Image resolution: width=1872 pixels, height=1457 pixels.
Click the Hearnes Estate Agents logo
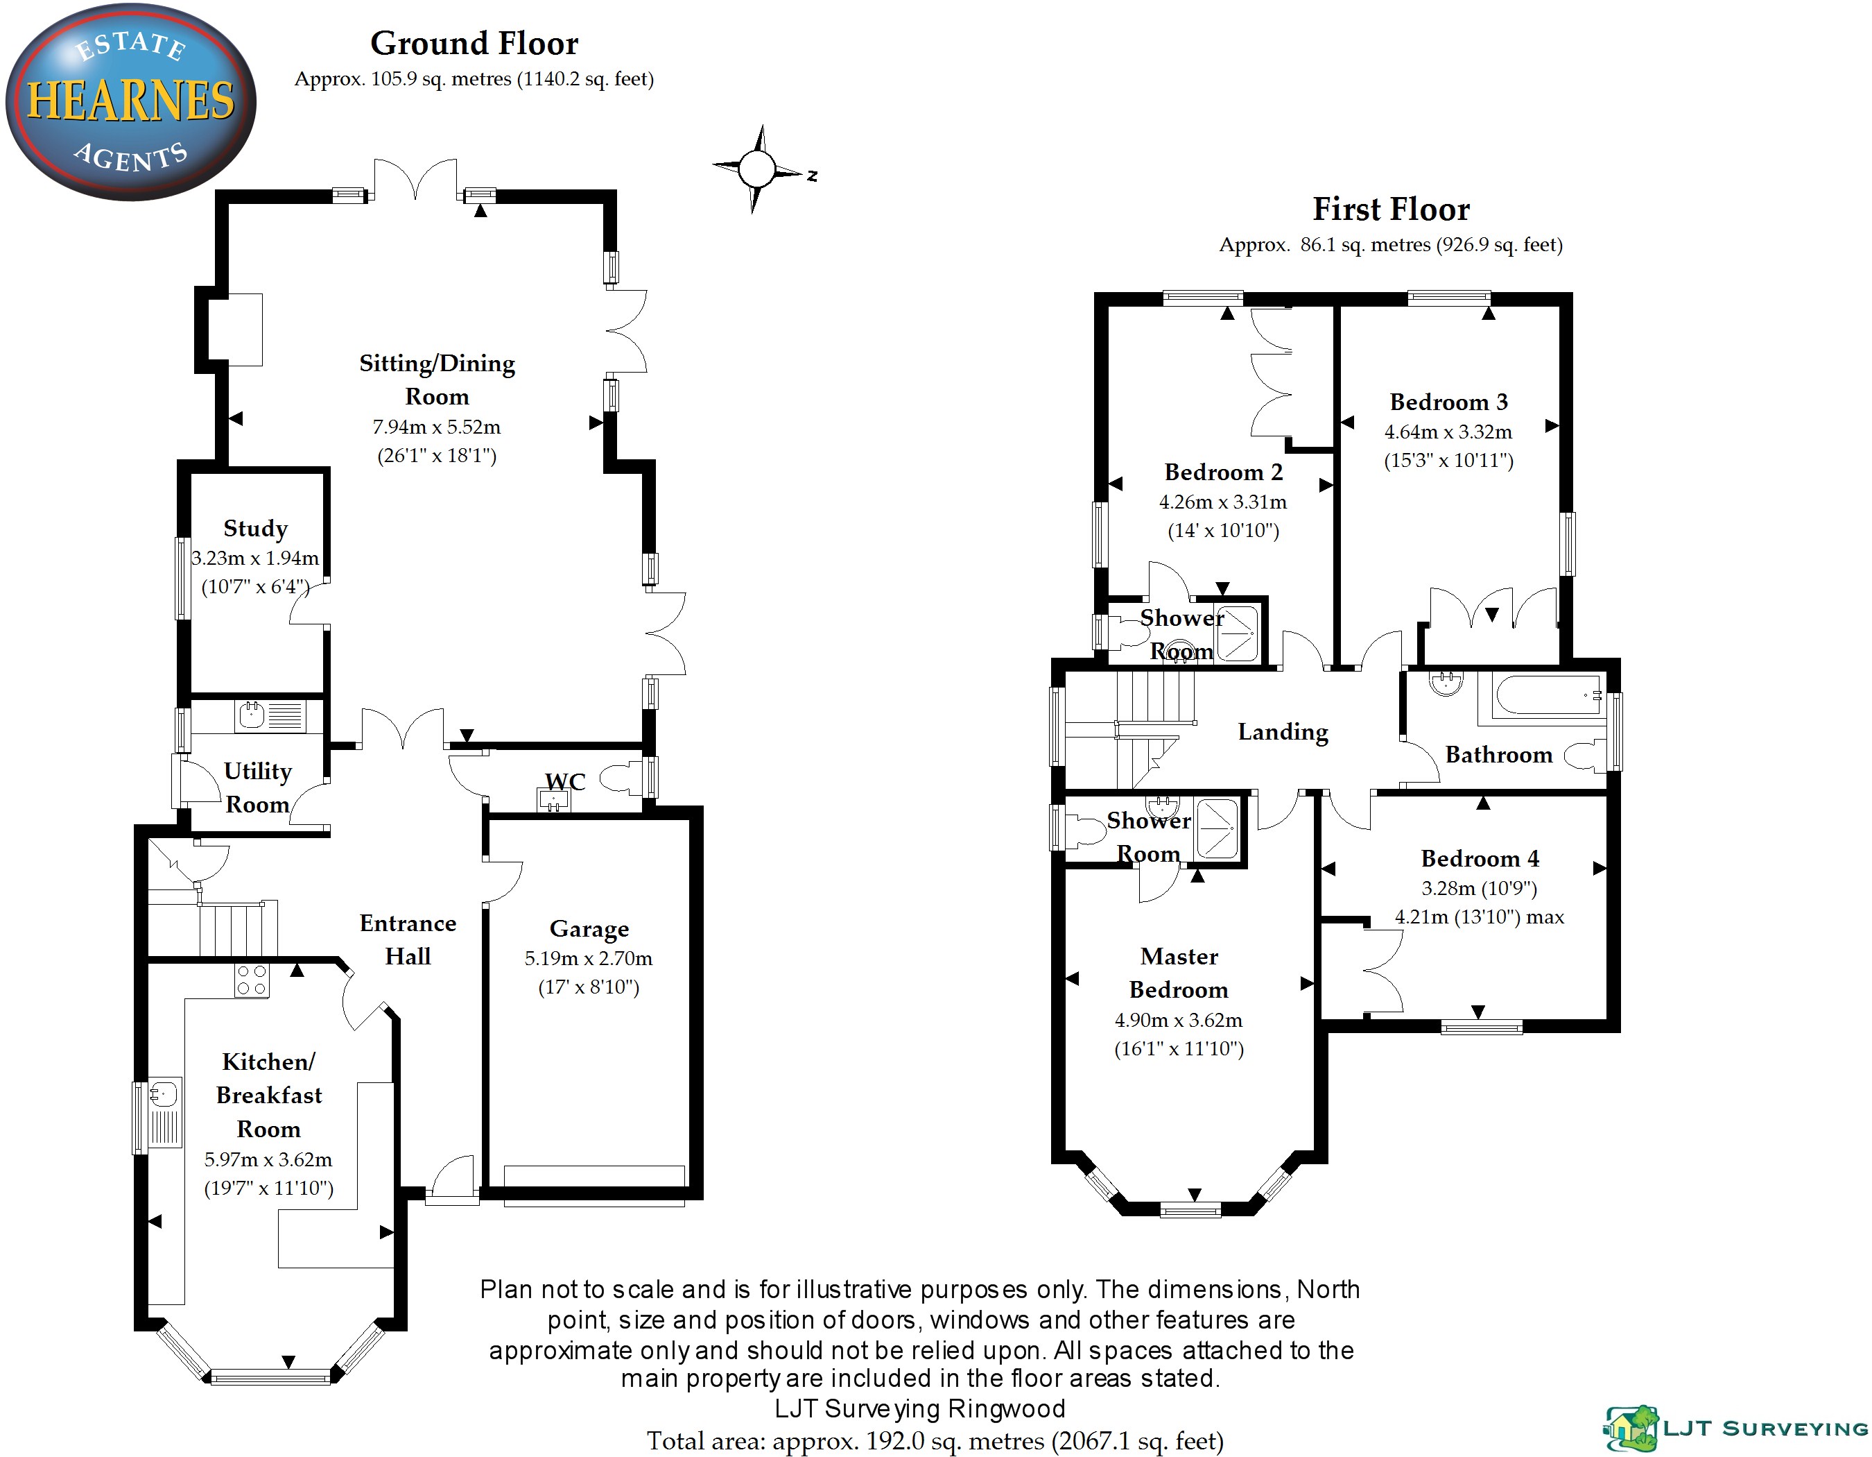(x=130, y=101)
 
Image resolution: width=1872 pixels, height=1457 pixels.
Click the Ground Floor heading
(x=474, y=43)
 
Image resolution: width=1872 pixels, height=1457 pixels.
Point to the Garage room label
(x=589, y=929)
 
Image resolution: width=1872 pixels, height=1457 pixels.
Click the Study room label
(x=255, y=528)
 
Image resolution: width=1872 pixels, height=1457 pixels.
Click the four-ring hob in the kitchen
(x=252, y=980)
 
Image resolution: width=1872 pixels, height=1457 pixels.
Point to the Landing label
(x=1282, y=731)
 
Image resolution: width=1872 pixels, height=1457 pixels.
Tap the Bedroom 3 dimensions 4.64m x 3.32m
(x=1448, y=432)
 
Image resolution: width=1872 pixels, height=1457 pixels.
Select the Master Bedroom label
(x=1179, y=973)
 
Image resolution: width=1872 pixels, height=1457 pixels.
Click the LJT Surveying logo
(x=1735, y=1428)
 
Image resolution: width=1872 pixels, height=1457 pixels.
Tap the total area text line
(x=935, y=1441)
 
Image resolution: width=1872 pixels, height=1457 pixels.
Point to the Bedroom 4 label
(x=1480, y=858)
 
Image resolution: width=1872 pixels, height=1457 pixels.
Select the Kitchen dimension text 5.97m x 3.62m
(x=268, y=1159)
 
